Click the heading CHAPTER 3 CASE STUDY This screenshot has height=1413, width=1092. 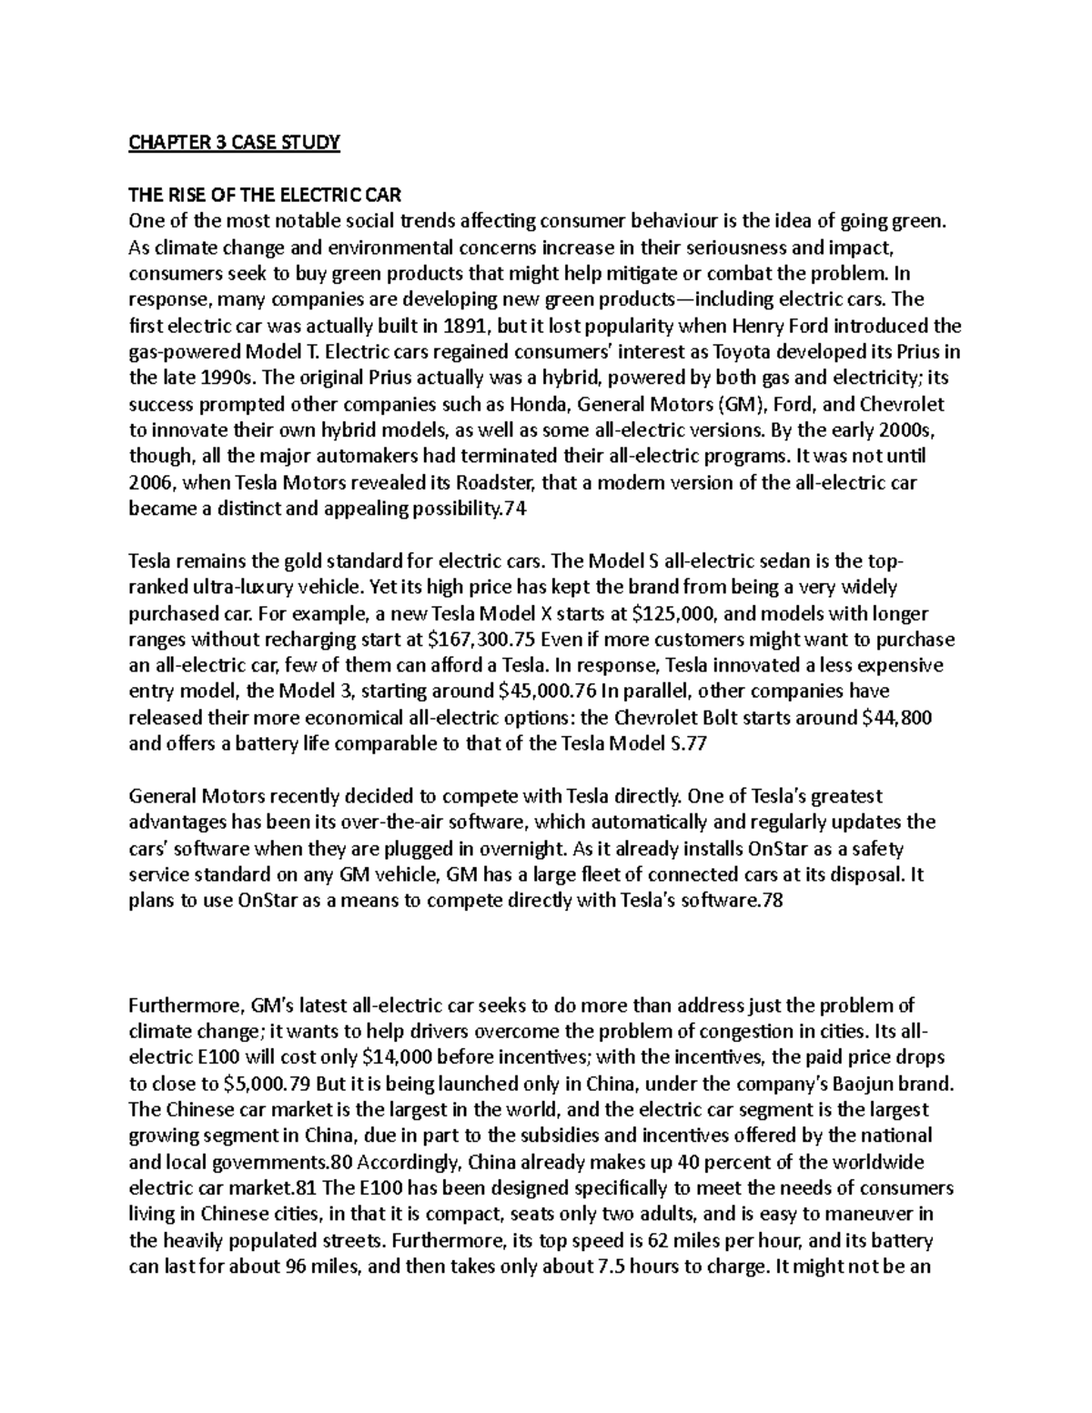tap(234, 142)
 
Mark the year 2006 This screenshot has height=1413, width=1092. tap(150, 482)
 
